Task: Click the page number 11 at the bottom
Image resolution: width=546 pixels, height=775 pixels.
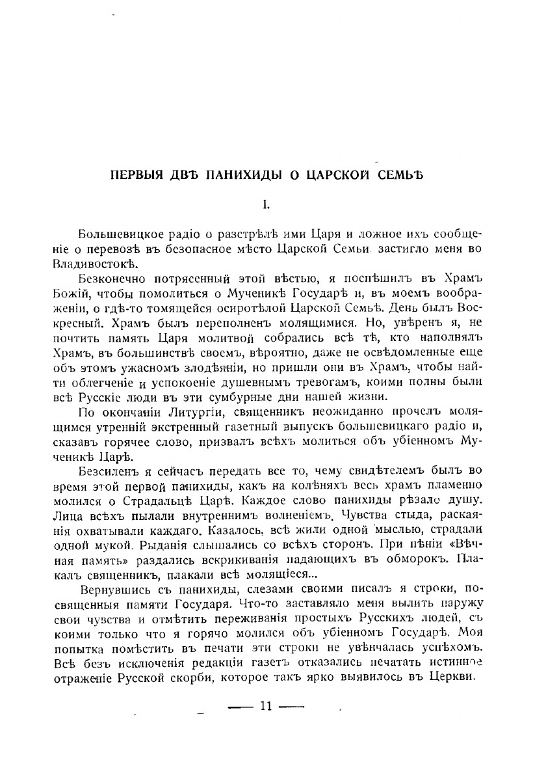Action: (265, 706)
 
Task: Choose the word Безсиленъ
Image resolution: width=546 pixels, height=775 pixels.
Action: (104, 471)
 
